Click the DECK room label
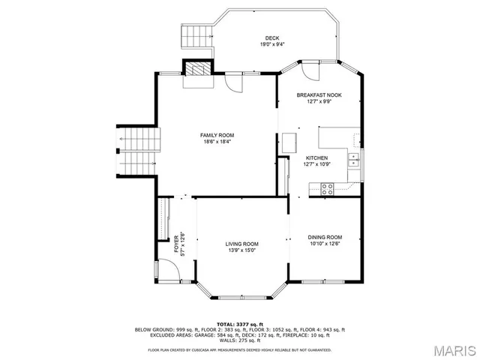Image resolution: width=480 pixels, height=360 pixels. click(272, 38)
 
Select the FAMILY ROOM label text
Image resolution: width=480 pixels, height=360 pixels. click(217, 135)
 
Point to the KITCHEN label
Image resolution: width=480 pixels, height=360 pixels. click(316, 157)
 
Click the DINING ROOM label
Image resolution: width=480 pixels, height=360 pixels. click(324, 237)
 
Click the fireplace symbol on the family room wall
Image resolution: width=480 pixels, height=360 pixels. click(196, 70)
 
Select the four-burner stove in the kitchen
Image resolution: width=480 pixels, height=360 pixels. click(328, 189)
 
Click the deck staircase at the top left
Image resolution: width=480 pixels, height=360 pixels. click(193, 34)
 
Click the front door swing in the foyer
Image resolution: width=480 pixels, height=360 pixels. click(166, 270)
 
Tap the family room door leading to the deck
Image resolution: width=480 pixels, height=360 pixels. click(235, 83)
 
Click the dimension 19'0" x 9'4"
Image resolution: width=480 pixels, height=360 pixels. click(272, 45)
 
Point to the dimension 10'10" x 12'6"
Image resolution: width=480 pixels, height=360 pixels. click(324, 244)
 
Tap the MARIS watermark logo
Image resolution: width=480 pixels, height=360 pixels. click(448, 349)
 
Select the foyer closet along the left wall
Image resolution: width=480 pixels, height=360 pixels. click(161, 218)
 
